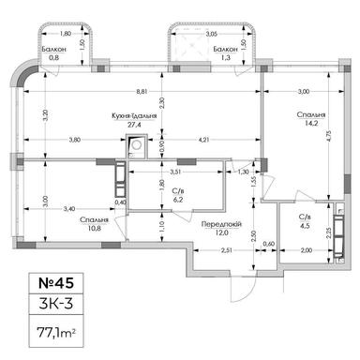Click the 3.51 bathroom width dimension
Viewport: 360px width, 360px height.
[x=174, y=171]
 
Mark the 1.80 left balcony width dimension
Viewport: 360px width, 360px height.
[x=53, y=34]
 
